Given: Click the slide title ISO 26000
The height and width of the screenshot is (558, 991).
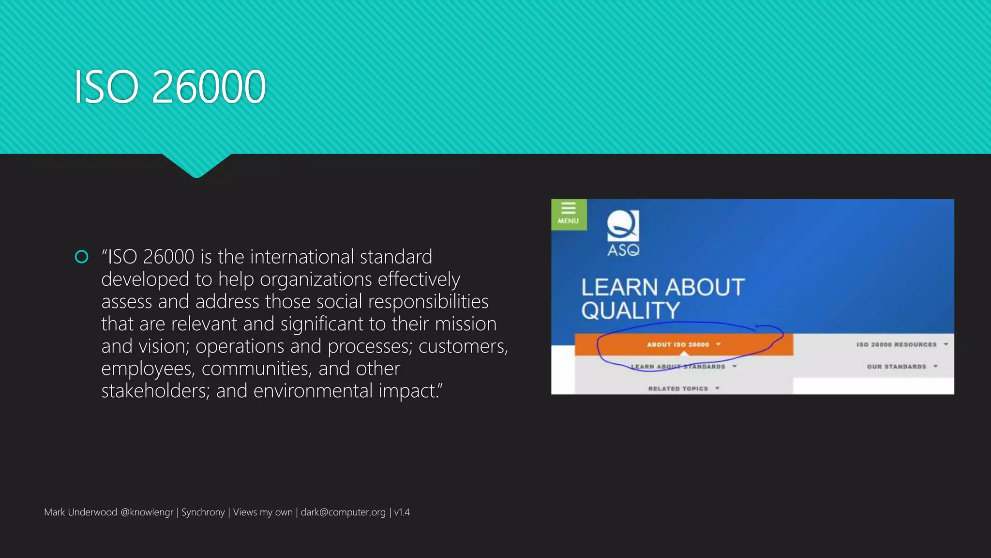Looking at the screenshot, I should click(169, 87).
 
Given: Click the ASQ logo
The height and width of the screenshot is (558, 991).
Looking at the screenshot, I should click(623, 232).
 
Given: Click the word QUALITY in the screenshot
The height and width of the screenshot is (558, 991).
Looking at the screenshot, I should click(631, 310).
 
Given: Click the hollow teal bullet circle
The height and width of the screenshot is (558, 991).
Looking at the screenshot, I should click(82, 257).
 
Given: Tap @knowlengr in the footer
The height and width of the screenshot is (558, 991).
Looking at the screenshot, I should click(147, 512).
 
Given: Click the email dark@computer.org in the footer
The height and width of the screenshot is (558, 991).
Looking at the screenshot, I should click(343, 512).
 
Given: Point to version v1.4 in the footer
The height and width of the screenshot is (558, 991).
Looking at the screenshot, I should click(402, 512).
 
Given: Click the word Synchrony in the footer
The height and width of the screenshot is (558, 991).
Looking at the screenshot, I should click(203, 512).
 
